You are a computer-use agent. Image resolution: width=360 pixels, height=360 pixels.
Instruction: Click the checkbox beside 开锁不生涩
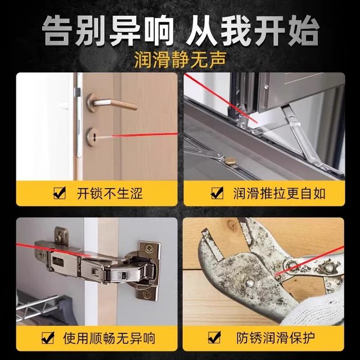click(58, 195)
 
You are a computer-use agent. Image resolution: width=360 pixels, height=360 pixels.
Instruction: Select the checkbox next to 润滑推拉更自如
click(215, 195)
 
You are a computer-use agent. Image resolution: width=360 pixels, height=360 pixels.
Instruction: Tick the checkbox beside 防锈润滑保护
click(214, 339)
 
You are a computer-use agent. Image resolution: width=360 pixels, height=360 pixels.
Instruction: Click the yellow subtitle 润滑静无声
click(180, 58)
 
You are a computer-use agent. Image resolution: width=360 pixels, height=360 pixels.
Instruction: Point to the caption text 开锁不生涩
click(109, 195)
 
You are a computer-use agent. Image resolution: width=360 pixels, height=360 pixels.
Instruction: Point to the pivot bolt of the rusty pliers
click(291, 265)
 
